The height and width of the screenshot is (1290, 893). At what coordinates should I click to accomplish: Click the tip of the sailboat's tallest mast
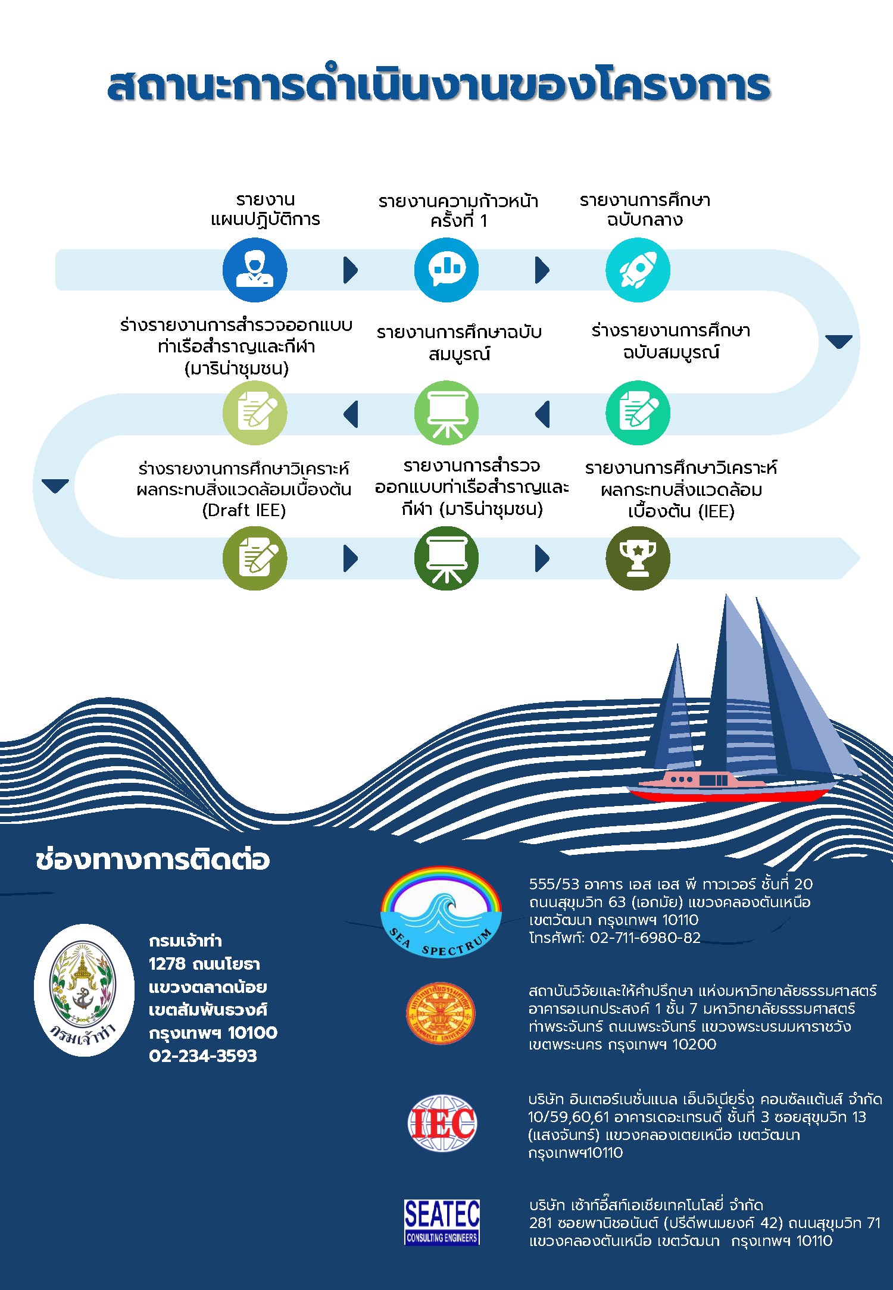(726, 594)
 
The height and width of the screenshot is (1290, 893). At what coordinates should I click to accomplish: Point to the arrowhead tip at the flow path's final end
(860, 558)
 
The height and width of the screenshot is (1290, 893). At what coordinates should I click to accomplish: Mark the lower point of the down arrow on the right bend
(839, 348)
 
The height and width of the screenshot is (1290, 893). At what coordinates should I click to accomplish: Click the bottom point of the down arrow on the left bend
(55, 493)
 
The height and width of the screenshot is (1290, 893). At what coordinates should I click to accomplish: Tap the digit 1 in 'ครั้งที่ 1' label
(483, 221)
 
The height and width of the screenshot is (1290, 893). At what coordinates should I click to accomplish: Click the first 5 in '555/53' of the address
(533, 884)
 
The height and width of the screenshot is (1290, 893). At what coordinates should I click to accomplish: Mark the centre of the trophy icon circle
(638, 558)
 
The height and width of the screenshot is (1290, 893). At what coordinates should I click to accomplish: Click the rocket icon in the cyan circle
(638, 270)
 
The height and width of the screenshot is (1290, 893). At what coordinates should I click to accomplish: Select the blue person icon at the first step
(255, 270)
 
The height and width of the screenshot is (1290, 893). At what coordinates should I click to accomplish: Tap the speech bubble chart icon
(447, 269)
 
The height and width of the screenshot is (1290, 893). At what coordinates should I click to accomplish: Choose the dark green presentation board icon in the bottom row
(447, 558)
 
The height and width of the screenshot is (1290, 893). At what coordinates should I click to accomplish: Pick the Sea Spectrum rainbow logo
(441, 911)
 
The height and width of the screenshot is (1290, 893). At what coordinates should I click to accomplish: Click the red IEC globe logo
(442, 1123)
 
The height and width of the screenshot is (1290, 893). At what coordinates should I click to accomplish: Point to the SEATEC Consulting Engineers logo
(442, 1222)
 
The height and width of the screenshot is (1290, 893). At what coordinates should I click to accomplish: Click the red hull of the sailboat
(729, 794)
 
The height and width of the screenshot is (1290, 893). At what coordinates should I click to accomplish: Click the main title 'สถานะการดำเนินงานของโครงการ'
(439, 85)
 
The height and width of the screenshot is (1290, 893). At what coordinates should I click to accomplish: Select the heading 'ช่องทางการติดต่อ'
(152, 860)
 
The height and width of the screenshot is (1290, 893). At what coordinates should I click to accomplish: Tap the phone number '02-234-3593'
(203, 1055)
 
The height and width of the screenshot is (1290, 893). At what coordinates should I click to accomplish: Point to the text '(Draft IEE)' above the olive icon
(244, 511)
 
